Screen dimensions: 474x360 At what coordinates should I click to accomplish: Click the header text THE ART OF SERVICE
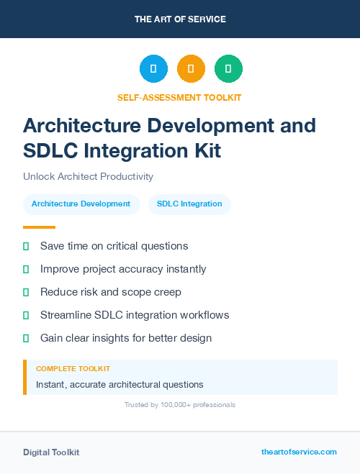tap(180, 19)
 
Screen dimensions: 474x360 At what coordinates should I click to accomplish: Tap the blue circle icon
tap(153, 69)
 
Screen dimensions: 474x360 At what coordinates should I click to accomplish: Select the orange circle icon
tap(191, 69)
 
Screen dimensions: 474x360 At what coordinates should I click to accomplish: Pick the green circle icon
tap(228, 69)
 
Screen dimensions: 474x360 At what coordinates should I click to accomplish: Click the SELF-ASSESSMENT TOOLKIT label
tap(179, 97)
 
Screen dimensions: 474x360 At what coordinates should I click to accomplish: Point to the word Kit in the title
tap(203, 151)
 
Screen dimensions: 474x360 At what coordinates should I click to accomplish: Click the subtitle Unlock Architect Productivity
tap(88, 176)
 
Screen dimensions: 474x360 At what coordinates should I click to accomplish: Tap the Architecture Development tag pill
tap(81, 204)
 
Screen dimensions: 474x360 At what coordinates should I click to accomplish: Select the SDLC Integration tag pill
tap(189, 204)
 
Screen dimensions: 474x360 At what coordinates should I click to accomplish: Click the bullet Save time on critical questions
tap(114, 246)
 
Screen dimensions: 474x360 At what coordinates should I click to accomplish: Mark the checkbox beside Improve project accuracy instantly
tap(26, 269)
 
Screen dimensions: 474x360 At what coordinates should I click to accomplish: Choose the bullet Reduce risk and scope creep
tap(111, 292)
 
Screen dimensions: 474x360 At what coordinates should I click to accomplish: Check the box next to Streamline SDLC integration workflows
tap(26, 315)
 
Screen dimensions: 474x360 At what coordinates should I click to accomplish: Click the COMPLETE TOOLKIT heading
tap(73, 369)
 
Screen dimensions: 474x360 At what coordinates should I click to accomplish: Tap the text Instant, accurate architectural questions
tap(120, 385)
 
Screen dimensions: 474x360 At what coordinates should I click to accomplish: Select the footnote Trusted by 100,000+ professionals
tap(179, 405)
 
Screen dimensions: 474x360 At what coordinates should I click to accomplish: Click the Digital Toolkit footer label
tap(51, 452)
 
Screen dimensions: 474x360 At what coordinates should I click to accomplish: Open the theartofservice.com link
tap(299, 452)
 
